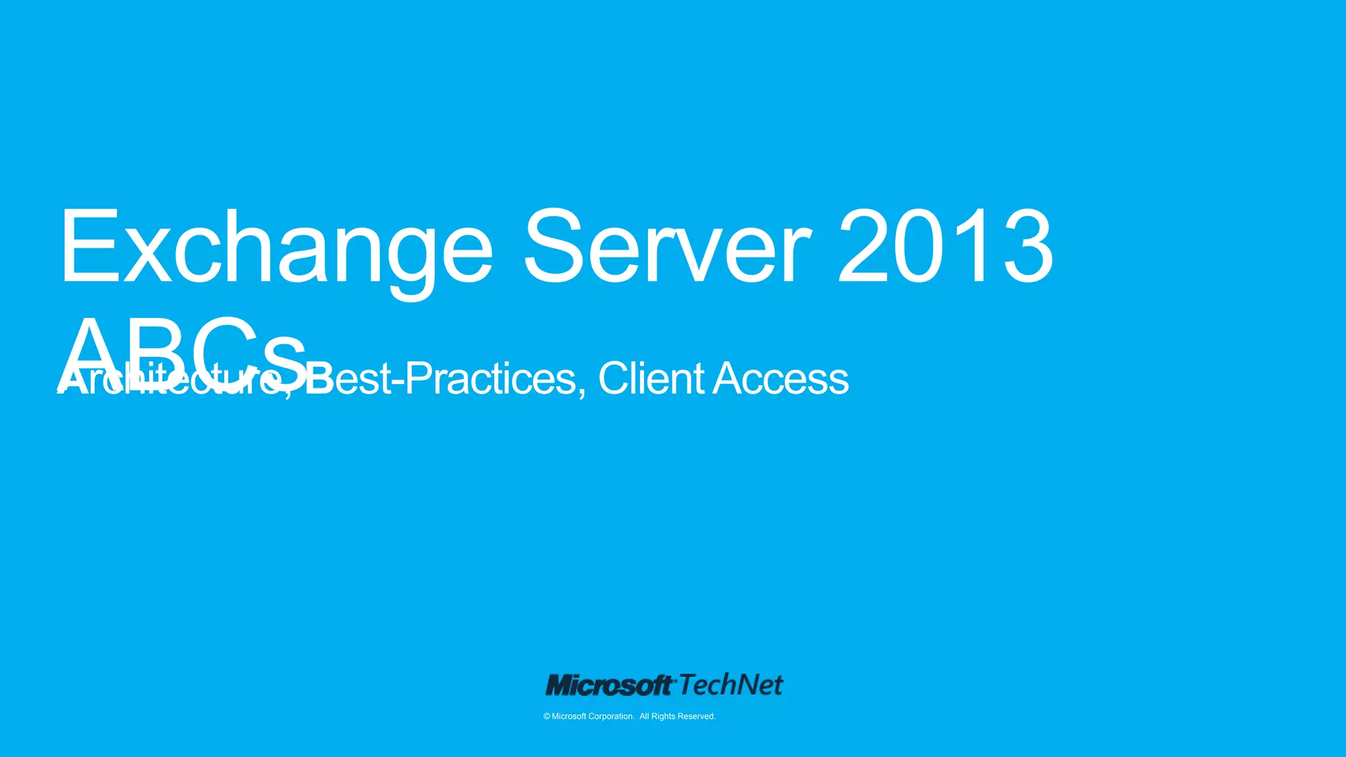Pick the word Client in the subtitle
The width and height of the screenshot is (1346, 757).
(x=651, y=379)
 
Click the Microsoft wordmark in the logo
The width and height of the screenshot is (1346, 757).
(x=609, y=685)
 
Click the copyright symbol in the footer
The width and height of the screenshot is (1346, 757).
(x=547, y=716)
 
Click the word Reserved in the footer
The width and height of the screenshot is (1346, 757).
(x=696, y=716)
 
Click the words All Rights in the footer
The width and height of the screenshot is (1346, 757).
(x=657, y=716)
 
